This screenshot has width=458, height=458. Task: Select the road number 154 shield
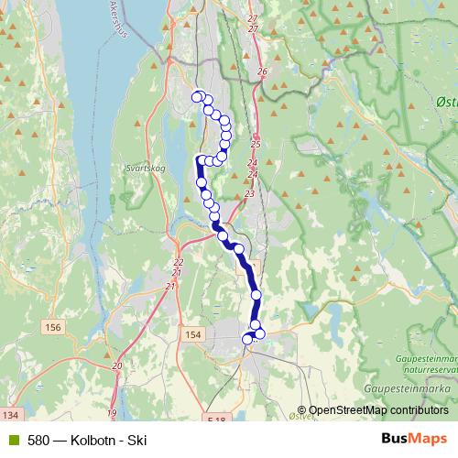192,335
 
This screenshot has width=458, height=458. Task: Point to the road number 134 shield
10,417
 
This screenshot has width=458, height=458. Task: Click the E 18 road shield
216,419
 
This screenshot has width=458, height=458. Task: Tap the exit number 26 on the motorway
262,71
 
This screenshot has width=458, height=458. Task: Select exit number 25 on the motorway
256,145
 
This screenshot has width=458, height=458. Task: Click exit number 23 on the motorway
249,194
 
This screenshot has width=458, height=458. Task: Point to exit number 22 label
178,263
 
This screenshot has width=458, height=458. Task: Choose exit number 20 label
116,366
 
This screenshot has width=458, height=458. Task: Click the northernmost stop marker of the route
195,95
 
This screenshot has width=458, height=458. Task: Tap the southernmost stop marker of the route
247,340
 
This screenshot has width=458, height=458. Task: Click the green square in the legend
13,440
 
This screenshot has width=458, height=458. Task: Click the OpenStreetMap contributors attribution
378,410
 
